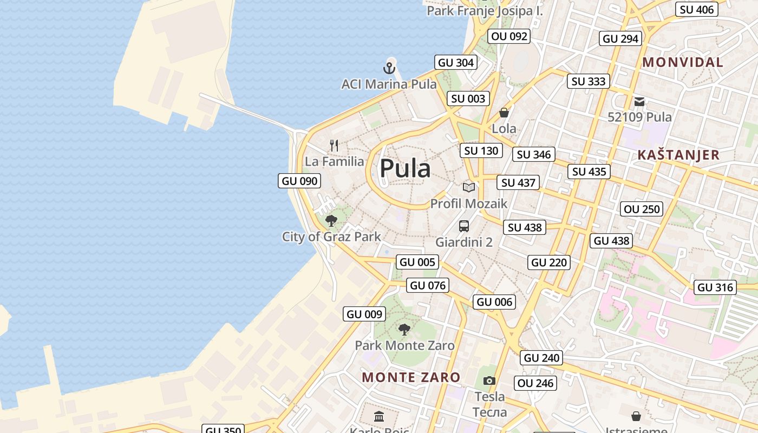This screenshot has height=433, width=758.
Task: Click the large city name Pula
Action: (405, 169)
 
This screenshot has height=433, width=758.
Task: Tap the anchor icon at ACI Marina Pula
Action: (389, 68)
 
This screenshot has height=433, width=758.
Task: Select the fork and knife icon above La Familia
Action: (334, 146)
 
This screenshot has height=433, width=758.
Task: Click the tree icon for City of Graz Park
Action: (331, 221)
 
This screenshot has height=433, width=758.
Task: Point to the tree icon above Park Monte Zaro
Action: (404, 329)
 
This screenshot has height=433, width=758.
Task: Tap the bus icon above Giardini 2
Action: (464, 226)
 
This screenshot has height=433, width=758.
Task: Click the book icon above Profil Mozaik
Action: (469, 188)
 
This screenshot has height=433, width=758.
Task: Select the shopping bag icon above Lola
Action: (504, 113)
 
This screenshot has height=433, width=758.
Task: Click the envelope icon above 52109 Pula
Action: (639, 101)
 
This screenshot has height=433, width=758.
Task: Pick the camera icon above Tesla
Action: (489, 381)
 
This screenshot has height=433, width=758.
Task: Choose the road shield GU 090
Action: (299, 181)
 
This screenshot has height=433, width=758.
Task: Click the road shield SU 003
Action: (468, 99)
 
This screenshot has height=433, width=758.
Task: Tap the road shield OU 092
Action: (509, 36)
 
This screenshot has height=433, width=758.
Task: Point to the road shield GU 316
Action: (716, 287)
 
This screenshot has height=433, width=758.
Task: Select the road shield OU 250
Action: (642, 209)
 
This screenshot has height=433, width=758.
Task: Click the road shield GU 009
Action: (364, 314)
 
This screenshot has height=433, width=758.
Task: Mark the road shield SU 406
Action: (697, 9)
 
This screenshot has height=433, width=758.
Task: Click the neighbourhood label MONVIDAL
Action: (683, 62)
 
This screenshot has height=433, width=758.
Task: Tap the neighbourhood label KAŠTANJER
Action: (678, 155)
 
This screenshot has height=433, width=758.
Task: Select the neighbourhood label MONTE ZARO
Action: (411, 377)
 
